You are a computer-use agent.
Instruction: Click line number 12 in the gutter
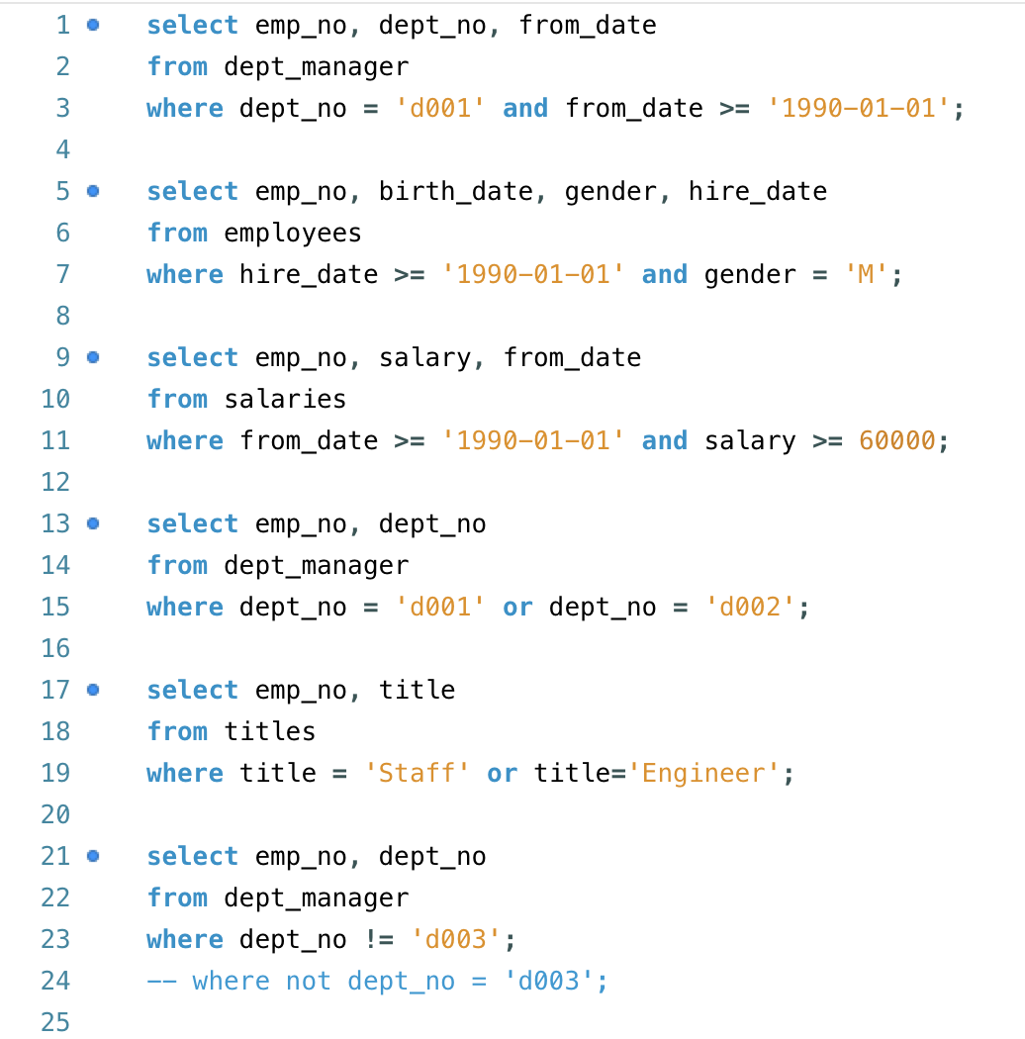(55, 482)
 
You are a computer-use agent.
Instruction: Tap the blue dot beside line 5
(93, 191)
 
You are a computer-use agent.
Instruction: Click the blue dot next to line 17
(93, 690)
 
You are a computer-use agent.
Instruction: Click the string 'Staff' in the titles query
(417, 773)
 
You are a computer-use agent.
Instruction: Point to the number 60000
(897, 440)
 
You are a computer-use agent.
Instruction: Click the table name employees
(293, 233)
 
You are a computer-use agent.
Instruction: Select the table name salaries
(285, 399)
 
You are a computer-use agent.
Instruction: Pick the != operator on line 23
(378, 939)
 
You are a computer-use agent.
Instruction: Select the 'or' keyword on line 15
(517, 607)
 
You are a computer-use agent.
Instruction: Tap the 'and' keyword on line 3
(525, 108)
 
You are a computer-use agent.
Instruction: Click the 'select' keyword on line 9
(192, 357)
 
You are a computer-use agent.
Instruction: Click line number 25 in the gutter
(55, 1022)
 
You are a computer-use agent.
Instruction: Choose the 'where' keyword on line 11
(185, 440)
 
